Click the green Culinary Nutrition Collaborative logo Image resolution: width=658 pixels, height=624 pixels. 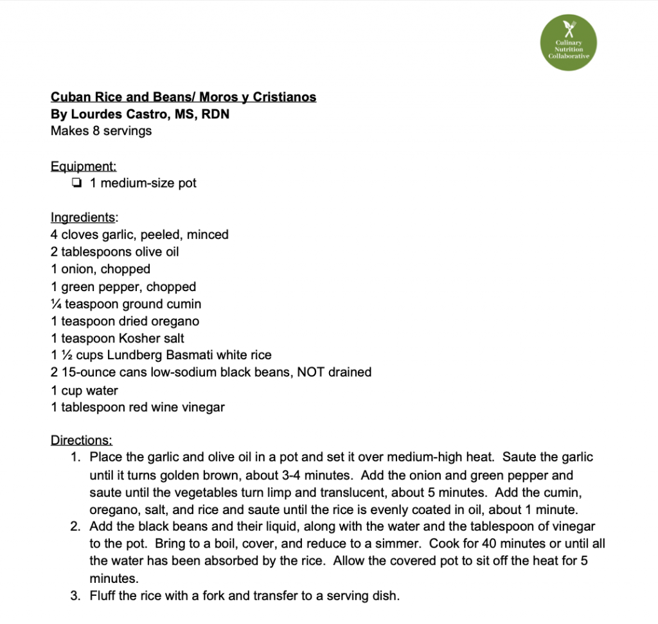568,43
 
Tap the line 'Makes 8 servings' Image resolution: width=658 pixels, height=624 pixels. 101,130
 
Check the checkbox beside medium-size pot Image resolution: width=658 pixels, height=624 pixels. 77,183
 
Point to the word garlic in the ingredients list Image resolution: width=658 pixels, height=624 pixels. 119,235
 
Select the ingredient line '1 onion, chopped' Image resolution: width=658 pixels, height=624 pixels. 100,269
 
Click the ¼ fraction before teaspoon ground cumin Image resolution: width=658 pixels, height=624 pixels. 55,303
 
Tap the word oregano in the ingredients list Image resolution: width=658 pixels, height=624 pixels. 175,321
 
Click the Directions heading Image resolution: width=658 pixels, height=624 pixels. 81,440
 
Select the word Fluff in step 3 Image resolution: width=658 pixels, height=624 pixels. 103,596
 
